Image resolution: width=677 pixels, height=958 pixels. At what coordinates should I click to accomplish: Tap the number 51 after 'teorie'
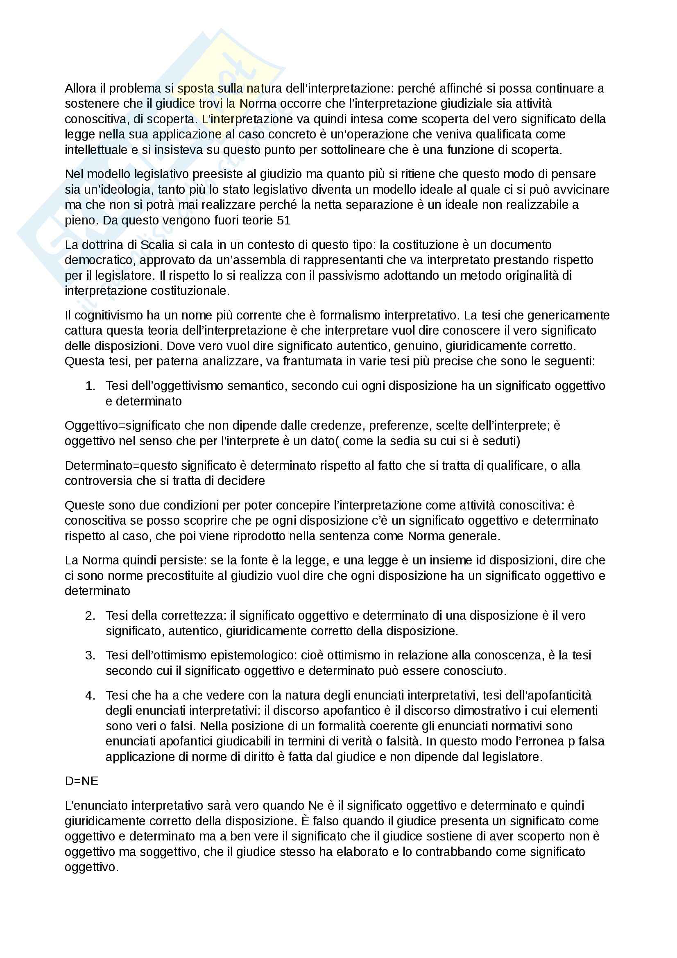tap(284, 220)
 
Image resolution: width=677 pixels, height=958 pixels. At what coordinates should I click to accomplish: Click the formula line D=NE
tap(82, 781)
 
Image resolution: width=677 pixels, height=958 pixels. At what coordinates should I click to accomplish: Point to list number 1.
tap(90, 386)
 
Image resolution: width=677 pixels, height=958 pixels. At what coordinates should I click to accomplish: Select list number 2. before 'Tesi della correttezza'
tap(90, 616)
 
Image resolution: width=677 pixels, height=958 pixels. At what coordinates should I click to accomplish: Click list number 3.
tap(90, 655)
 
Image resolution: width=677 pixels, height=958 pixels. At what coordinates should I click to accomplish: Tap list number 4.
tap(90, 695)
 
